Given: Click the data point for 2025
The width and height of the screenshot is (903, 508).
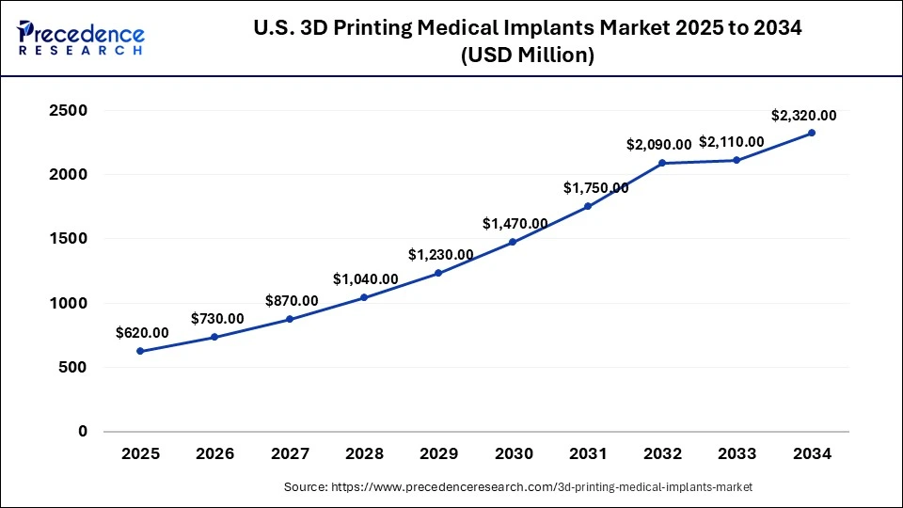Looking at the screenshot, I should click(x=140, y=351).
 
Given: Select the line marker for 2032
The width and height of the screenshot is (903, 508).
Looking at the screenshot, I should click(x=662, y=163).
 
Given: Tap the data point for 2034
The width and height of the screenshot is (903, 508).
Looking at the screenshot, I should click(x=812, y=133).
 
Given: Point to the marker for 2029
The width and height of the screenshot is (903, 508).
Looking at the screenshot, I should click(x=438, y=273).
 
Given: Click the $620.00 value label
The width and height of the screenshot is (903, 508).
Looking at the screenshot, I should click(x=142, y=332).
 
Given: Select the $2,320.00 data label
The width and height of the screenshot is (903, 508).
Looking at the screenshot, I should click(x=803, y=116).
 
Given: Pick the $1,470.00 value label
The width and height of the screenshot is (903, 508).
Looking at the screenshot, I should click(x=515, y=224).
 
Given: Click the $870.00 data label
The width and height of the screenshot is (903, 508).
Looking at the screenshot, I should click(x=292, y=300).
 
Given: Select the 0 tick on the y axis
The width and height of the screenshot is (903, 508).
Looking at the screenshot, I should click(x=83, y=432).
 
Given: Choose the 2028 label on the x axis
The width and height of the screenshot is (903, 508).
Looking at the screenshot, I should click(x=364, y=453).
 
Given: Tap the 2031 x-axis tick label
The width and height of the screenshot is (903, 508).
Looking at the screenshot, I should click(x=588, y=453).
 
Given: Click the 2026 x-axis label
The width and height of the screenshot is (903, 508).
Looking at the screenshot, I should click(x=214, y=453).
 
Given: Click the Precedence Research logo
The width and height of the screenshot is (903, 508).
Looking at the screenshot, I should click(x=81, y=39).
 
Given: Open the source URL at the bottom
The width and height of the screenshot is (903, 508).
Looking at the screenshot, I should click(x=517, y=487).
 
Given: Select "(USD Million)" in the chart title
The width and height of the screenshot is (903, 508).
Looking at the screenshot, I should click(x=527, y=56).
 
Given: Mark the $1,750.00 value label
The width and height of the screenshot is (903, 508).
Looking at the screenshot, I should click(x=596, y=188).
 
